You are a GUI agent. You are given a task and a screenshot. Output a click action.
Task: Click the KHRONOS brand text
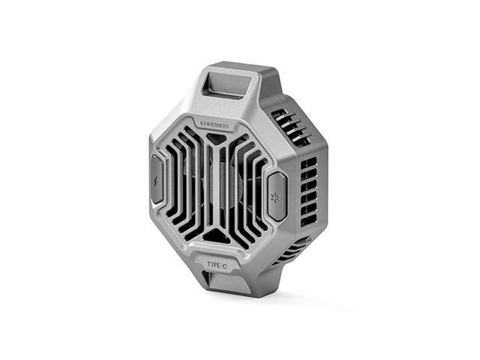[x=214, y=125]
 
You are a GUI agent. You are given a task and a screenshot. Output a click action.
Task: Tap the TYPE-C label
[x=217, y=265]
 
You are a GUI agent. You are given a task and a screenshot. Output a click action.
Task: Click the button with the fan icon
[x=277, y=196]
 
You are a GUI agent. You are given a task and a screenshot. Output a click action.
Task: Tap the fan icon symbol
[x=274, y=197]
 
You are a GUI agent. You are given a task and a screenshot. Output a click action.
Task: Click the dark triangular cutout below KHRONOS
[x=217, y=138]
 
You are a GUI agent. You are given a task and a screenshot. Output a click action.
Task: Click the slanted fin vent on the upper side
[x=290, y=125]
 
